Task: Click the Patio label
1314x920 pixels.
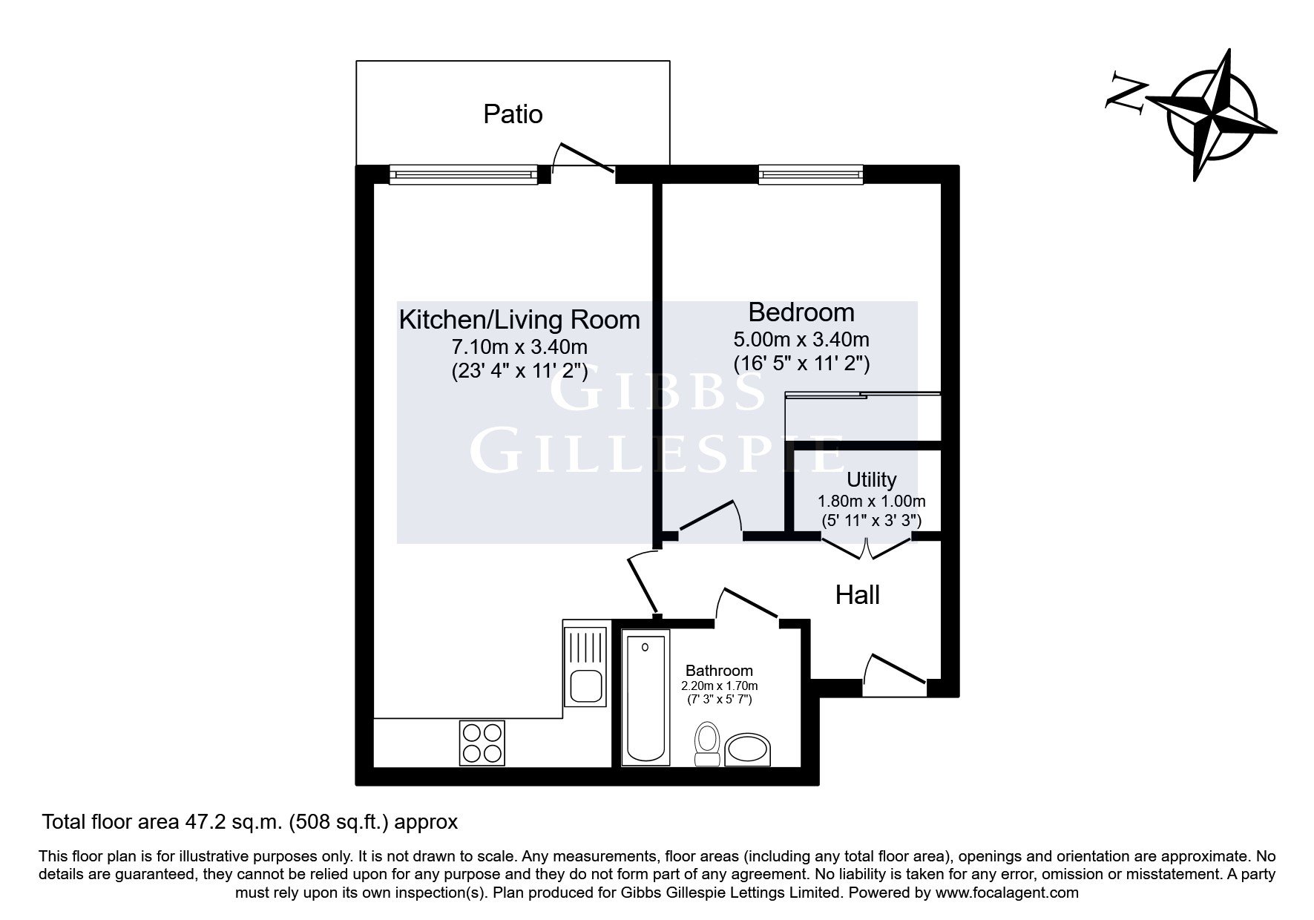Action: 513,114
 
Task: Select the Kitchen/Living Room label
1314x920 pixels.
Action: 519,320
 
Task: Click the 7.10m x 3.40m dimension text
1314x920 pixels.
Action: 519,346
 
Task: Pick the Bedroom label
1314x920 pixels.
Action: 801,312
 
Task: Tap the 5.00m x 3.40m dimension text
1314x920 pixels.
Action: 801,340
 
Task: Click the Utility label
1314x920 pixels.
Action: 872,479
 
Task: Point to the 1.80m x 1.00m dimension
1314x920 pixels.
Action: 872,502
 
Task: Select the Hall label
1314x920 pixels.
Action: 858,595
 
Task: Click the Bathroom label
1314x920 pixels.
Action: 719,671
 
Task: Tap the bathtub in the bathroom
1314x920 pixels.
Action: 645,697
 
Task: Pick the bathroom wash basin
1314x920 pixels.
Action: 747,750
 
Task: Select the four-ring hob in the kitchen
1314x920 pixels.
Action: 482,743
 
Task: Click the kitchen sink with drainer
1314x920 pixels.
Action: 586,666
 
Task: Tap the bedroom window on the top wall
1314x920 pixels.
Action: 811,174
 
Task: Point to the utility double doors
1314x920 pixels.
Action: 866,546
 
